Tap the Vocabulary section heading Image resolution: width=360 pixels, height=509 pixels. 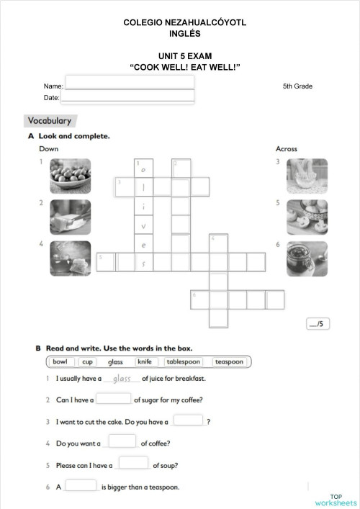(x=49, y=121)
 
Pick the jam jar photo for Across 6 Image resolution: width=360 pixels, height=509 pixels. (x=307, y=258)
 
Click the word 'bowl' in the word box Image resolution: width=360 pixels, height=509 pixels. (x=60, y=361)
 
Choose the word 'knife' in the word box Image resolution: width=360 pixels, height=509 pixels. (x=144, y=361)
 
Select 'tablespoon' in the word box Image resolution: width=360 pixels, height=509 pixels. (x=184, y=361)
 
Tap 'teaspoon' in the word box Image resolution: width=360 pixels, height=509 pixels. (x=229, y=361)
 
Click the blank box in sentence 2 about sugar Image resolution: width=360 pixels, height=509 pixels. (x=113, y=398)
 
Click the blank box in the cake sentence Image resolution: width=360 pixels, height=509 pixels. (x=188, y=420)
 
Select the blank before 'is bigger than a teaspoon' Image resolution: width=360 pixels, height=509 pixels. (x=81, y=485)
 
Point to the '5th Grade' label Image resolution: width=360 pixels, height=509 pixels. (x=297, y=86)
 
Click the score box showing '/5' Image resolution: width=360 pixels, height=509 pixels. (x=317, y=323)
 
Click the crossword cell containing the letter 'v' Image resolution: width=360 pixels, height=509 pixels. (x=144, y=226)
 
